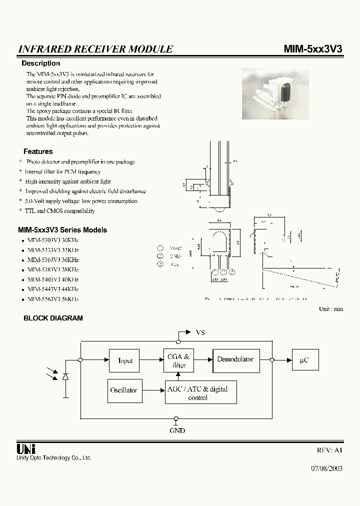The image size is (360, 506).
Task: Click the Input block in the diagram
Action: click(x=125, y=360)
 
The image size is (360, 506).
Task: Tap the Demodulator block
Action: click(x=235, y=359)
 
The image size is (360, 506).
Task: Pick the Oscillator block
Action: click(x=123, y=390)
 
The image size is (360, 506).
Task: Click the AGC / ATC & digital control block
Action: click(x=200, y=393)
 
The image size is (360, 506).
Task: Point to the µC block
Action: click(x=304, y=359)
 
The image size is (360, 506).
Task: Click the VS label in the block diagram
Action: click(x=200, y=332)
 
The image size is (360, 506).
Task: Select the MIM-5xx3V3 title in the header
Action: click(x=313, y=49)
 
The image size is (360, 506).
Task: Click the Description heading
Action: click(x=40, y=63)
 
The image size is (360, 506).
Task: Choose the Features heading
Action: click(x=38, y=151)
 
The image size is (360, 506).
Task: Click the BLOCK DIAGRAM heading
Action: click(x=53, y=318)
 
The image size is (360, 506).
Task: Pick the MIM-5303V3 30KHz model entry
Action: click(x=52, y=240)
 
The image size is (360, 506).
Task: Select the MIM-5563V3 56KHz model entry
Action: click(x=52, y=299)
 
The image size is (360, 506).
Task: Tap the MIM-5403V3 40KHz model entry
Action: click(x=52, y=279)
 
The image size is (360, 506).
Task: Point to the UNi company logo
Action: click(x=26, y=449)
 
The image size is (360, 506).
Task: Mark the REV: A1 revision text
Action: click(x=330, y=450)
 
